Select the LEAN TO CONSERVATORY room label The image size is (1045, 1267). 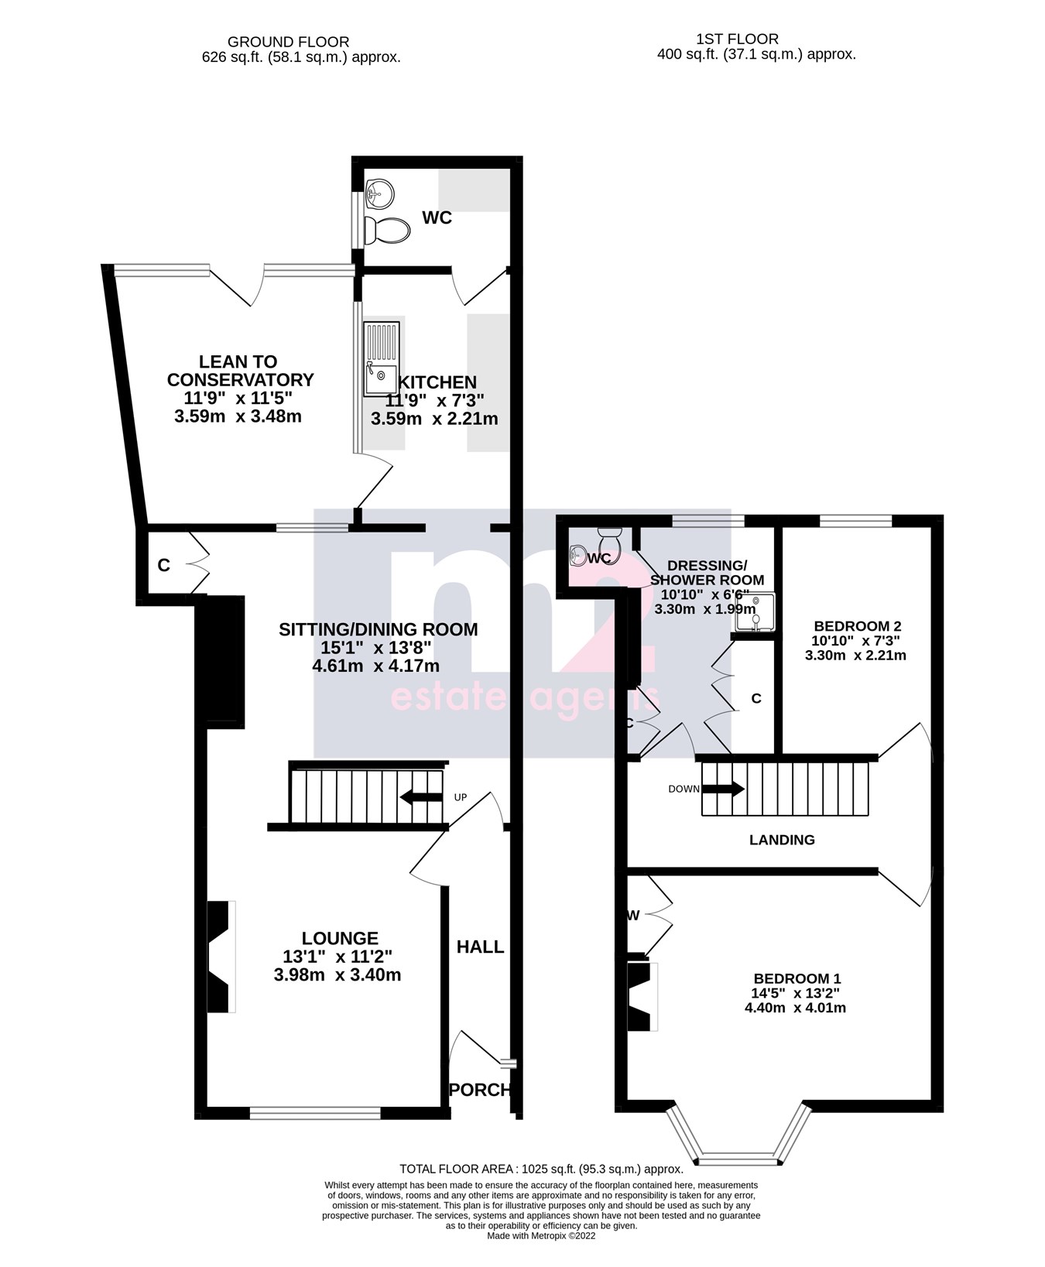[240, 371]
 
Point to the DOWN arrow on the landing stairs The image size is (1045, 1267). [723, 789]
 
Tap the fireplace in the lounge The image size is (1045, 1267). [221, 956]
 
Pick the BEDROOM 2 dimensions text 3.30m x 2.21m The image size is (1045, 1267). [855, 655]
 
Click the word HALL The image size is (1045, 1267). [480, 947]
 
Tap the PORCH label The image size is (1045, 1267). [480, 1089]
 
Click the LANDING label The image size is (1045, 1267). [782, 840]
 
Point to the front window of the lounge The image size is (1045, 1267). [315, 1113]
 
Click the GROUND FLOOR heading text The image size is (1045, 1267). [288, 42]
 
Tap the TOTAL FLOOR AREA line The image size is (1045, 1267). [541, 1169]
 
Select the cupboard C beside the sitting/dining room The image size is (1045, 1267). [163, 566]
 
